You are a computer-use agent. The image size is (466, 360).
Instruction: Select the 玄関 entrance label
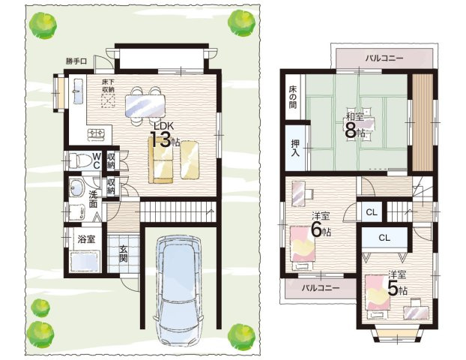pos(124,253)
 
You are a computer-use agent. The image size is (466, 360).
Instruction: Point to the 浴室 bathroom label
pos(86,239)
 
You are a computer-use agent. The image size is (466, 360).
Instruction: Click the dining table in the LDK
pos(145,106)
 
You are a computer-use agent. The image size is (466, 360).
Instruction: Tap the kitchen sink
pos(78,91)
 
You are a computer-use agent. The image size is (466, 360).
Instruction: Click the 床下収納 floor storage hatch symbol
pos(108,100)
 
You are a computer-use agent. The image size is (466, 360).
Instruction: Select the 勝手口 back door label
pos(76,61)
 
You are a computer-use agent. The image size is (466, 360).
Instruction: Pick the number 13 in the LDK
pos(160,139)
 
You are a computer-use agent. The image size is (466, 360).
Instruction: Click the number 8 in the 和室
pos(351,130)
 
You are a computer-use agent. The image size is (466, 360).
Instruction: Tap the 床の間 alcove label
pos(292,97)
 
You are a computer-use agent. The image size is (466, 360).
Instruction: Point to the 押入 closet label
pos(295,148)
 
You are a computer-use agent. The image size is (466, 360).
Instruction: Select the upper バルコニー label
pos(384,58)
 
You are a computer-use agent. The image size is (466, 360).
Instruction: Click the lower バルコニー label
pos(321,288)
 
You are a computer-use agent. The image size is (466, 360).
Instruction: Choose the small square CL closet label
pos(372,212)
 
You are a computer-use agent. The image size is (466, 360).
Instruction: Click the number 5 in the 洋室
pos(393,288)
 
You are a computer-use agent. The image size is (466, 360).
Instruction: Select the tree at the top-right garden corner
pos(242,23)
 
